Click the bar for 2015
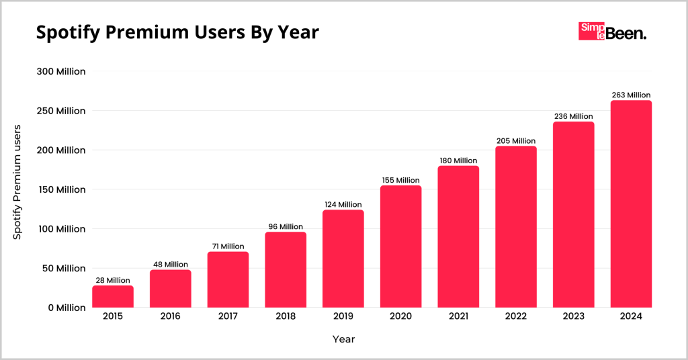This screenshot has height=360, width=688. click(113, 297)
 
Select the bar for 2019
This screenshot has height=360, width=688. click(343, 259)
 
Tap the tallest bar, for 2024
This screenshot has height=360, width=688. click(631, 204)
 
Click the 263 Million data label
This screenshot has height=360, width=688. click(631, 95)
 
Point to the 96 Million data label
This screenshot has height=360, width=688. click(286, 226)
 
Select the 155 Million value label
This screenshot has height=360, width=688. click(400, 180)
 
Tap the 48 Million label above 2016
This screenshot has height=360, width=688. click(171, 264)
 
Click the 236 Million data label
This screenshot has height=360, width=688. click(573, 116)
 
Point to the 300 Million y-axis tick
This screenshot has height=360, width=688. click(60, 71)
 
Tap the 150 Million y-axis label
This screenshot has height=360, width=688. click(60, 189)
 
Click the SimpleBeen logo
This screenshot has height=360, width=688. click(612, 32)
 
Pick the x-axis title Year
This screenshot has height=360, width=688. click(343, 339)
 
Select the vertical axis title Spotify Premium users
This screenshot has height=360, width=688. click(18, 182)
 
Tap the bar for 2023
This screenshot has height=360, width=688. click(573, 214)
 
